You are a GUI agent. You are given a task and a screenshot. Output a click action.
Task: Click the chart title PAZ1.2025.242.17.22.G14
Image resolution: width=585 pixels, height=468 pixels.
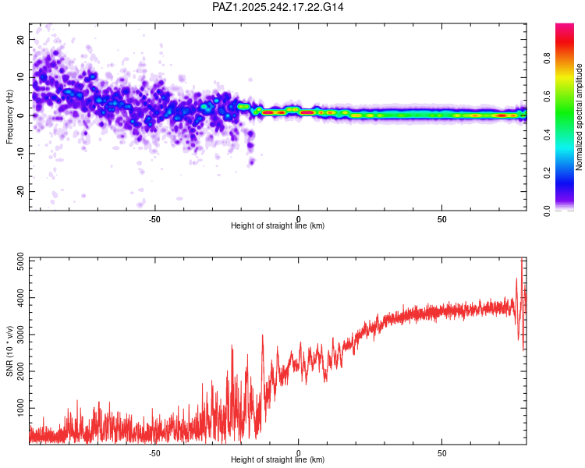coord(278,7)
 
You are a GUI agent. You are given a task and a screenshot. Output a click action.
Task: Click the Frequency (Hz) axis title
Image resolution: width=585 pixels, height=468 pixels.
coord(9,117)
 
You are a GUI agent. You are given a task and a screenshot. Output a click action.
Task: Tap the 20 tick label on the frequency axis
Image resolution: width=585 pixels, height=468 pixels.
coord(20,39)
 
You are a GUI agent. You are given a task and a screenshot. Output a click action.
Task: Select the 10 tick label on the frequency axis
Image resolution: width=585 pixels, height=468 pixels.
coord(20,77)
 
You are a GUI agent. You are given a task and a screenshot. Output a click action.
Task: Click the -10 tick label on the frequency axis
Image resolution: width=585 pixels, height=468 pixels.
coord(19,153)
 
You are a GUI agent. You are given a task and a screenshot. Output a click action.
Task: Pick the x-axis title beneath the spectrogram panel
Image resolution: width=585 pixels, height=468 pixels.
coord(278,225)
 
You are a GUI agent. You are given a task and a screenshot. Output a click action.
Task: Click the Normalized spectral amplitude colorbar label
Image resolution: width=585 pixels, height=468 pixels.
coord(580,117)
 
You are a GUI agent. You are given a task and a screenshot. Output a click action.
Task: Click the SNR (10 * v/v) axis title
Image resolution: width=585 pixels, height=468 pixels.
coord(9,351)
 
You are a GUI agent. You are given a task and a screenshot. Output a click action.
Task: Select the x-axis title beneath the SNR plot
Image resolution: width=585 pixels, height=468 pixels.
coord(278,459)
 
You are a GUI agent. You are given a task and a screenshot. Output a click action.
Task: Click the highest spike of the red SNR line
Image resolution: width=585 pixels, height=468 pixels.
coord(522,260)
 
